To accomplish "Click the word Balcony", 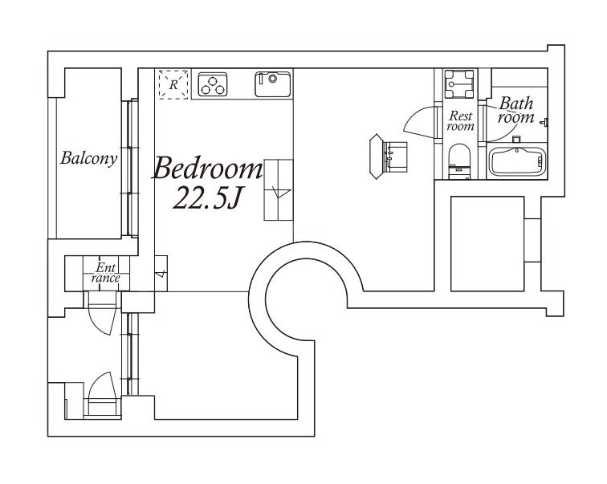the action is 88,158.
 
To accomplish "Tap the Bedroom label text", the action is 208,169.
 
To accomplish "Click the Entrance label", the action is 106,273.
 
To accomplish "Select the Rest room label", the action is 461,120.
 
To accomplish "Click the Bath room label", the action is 516,110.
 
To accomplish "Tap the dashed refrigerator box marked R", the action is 173,84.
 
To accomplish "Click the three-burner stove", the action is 213,84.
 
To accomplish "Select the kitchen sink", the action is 272,84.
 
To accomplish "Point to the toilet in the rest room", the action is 459,161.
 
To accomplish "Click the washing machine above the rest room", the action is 458,84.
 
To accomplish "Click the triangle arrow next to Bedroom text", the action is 280,193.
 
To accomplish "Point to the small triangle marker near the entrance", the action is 161,274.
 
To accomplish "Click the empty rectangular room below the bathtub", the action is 487,244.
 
